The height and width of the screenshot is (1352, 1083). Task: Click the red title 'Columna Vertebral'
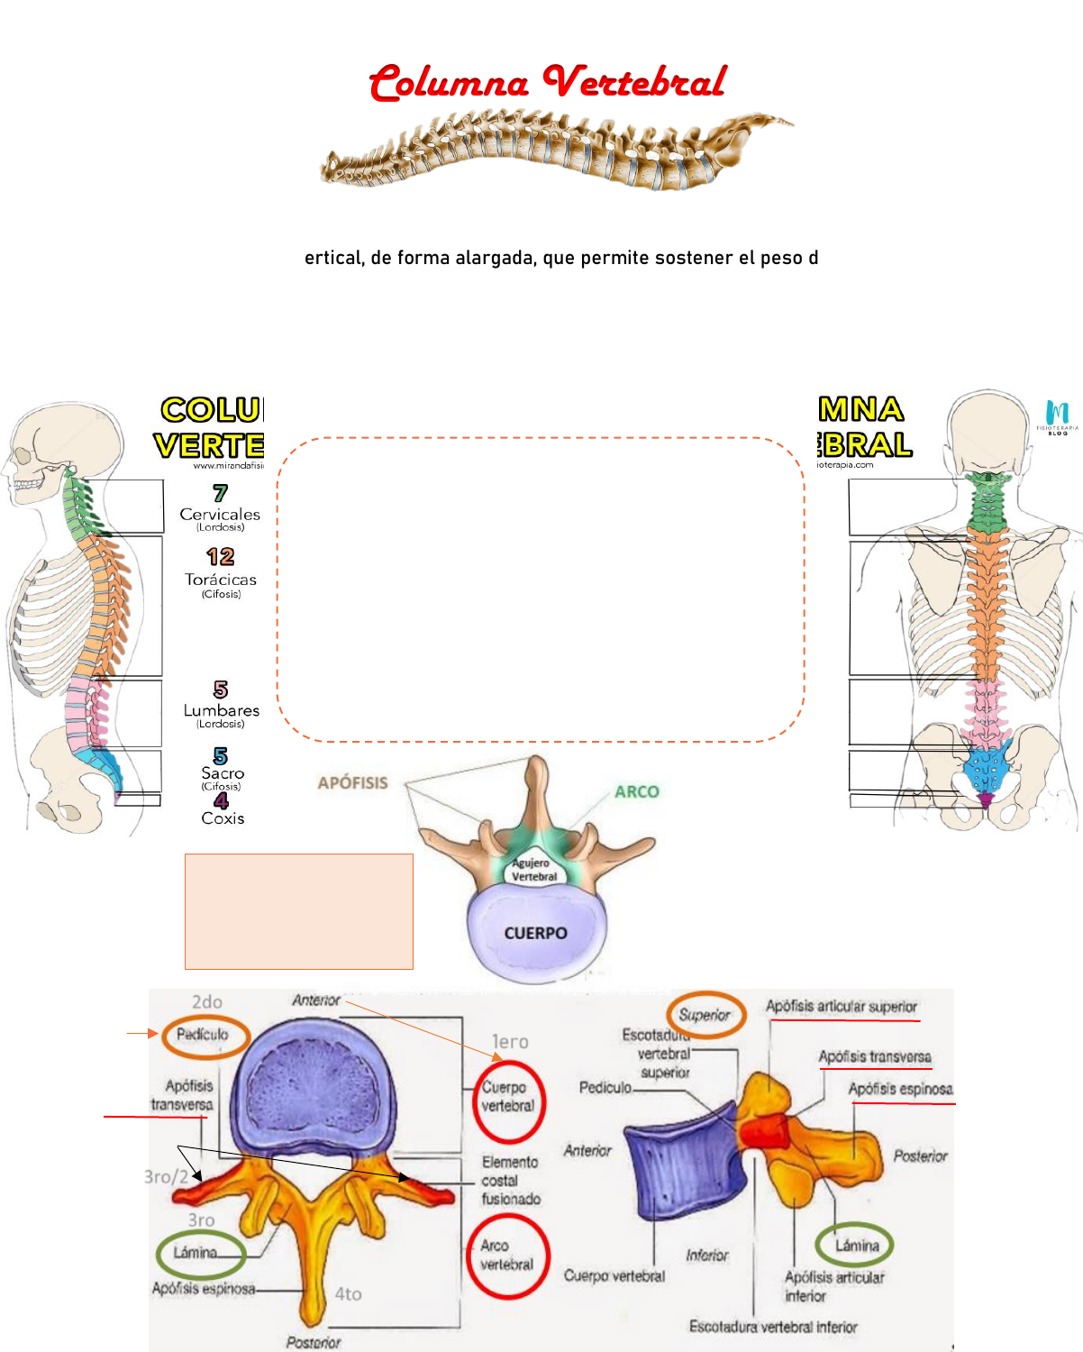pos(547,82)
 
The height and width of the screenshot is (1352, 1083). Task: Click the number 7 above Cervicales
pos(220,493)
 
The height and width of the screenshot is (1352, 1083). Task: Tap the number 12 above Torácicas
pos(220,557)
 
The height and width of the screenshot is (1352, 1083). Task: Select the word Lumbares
pos(222,710)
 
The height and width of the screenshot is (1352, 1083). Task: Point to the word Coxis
pos(223,818)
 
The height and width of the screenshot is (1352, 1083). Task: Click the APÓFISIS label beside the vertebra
pos(352,783)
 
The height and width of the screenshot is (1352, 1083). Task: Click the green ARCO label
pos(637,791)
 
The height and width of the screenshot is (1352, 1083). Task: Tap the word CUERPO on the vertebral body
pos(535,933)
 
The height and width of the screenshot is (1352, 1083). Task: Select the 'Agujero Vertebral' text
pos(534,870)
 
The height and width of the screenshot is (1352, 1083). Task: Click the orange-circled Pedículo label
pos(202,1035)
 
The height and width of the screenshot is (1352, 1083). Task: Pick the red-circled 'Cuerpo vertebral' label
pos(508,1097)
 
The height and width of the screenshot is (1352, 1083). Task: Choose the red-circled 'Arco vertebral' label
pos(506,1256)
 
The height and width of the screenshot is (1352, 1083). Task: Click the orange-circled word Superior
pos(705,1015)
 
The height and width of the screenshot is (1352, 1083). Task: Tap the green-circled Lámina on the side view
pos(856,1246)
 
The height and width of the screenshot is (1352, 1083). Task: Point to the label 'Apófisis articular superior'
pos(842,1006)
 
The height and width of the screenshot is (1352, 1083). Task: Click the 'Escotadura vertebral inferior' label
pos(773,1327)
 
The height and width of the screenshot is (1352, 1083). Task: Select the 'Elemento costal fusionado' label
pos(511,1181)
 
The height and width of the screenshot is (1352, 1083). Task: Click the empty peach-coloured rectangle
pos(299,911)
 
